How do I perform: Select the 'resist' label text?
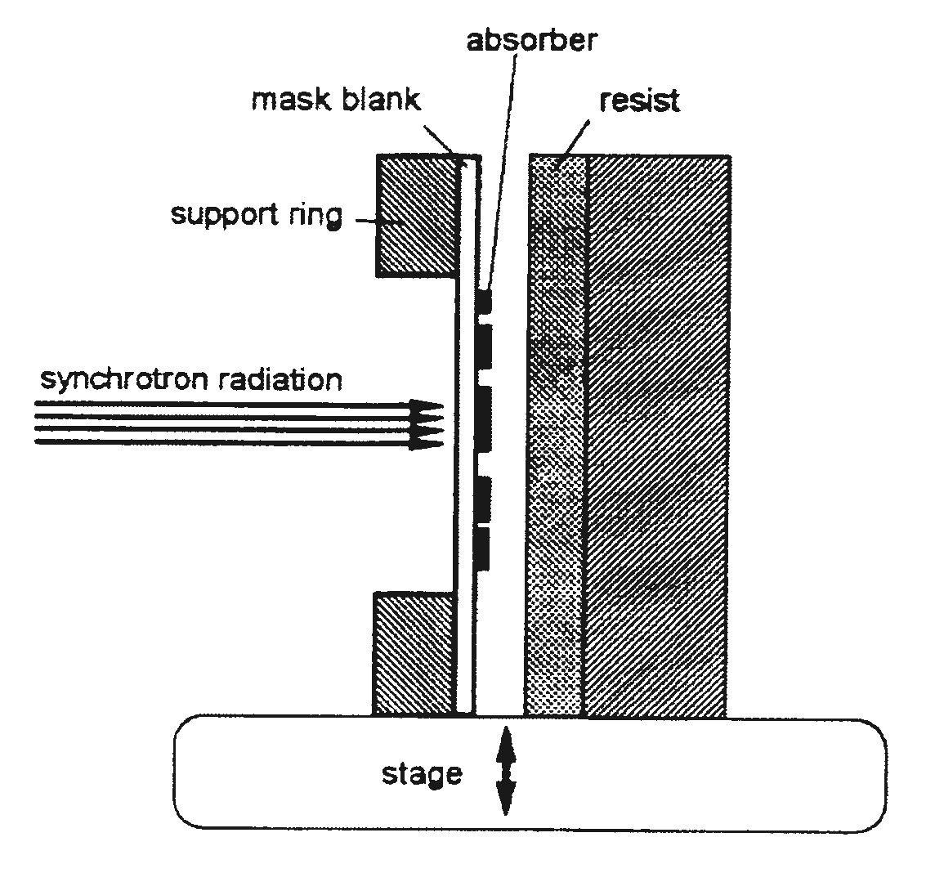click(x=639, y=101)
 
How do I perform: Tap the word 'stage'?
click(x=421, y=773)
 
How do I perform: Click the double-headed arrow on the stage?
click(x=504, y=771)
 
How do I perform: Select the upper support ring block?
click(x=415, y=215)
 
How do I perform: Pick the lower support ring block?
click(x=413, y=654)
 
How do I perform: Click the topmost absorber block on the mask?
click(x=485, y=301)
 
